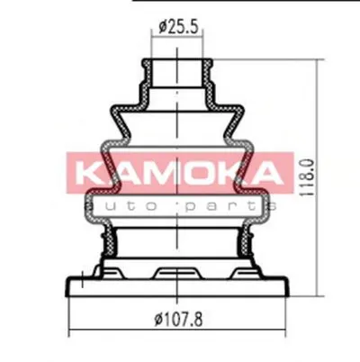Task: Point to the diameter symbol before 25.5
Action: coord(162,28)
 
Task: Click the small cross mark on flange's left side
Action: coord(82,275)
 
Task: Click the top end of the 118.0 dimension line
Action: coord(322,60)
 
